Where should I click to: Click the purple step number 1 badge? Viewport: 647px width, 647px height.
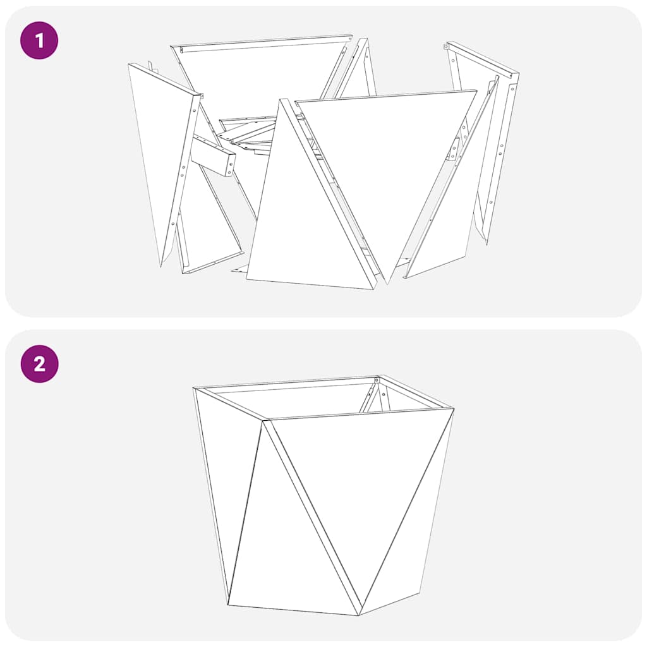pyautogui.click(x=39, y=40)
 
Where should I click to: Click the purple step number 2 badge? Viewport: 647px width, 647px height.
pyautogui.click(x=39, y=364)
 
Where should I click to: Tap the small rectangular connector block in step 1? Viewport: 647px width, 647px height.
pyautogui.click(x=213, y=157)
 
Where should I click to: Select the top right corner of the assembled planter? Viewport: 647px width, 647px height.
pyautogui.click(x=452, y=409)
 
